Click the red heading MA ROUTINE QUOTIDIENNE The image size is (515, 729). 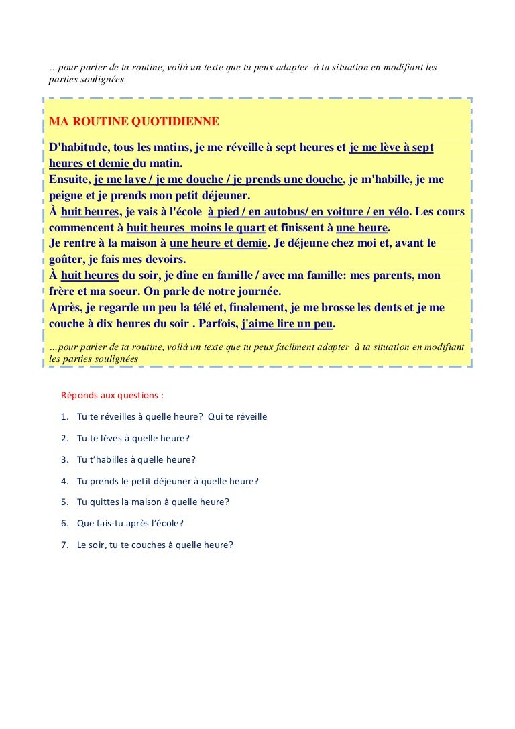(134, 121)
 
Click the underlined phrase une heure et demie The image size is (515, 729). (219, 243)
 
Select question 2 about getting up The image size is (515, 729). (133, 438)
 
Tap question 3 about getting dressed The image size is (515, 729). (136, 459)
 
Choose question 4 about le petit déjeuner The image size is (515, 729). (168, 481)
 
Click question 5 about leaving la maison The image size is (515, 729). (153, 502)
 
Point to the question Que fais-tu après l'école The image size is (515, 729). (130, 523)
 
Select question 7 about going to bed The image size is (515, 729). (155, 545)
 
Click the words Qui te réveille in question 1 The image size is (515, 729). (237, 416)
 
